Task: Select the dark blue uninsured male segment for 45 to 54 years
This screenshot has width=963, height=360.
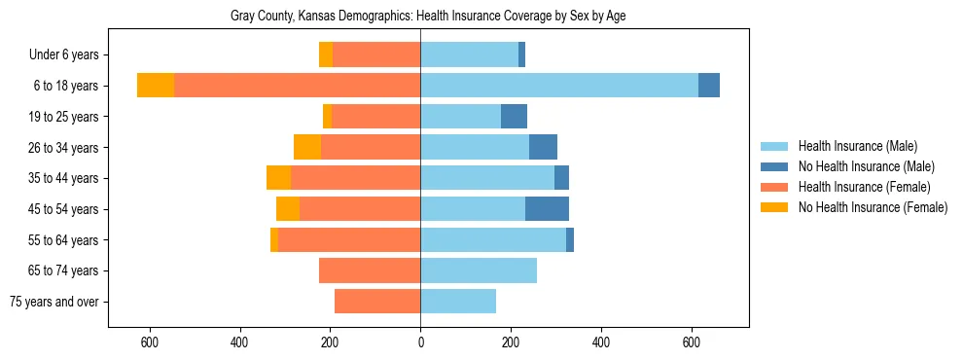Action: pos(547,209)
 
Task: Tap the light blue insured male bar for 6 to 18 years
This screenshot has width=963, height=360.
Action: pos(559,86)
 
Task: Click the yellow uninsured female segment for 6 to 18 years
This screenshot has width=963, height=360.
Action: pos(156,86)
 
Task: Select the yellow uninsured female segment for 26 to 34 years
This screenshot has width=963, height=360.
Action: pos(307,147)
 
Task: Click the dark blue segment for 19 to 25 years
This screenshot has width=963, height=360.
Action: pos(514,117)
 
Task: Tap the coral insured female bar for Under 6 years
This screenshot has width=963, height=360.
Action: pos(376,54)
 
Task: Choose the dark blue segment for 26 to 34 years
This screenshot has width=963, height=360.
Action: pos(543,147)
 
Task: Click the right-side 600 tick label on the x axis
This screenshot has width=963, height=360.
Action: pos(692,342)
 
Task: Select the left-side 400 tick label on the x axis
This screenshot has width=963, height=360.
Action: pos(239,342)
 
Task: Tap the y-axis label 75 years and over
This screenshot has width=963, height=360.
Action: pos(54,302)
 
